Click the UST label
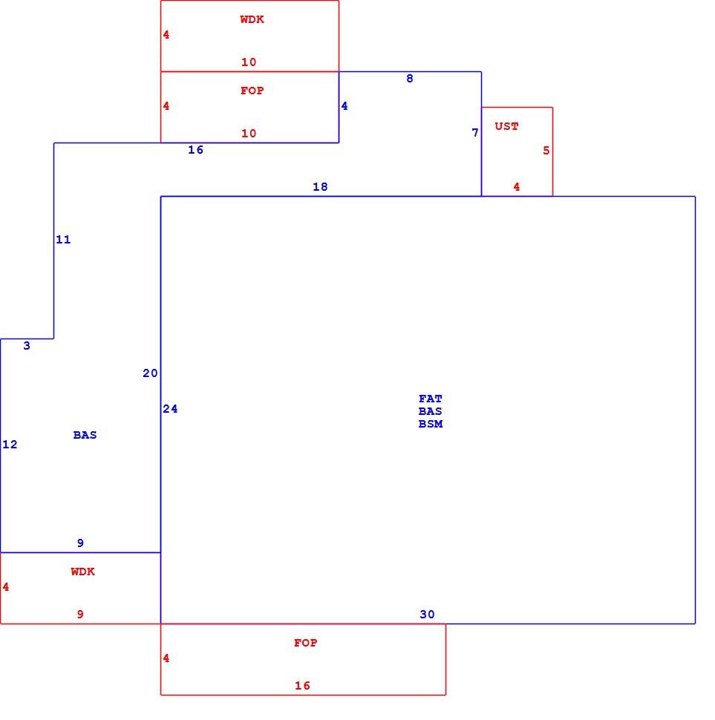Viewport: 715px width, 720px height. (506, 126)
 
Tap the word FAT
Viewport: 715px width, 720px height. (431, 399)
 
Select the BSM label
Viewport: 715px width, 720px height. (431, 424)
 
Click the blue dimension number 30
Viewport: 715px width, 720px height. (427, 615)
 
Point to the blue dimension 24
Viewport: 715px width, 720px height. (170, 409)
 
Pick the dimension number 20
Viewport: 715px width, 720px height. (150, 373)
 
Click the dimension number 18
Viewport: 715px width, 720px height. (320, 187)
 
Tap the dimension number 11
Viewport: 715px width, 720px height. (63, 240)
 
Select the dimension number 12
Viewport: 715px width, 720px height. (10, 445)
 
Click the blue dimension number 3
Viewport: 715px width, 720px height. (27, 346)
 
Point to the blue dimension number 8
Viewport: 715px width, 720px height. (410, 79)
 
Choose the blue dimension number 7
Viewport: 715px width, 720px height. (475, 133)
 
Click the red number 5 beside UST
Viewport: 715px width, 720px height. (546, 151)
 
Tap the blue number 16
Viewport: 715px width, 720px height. (195, 150)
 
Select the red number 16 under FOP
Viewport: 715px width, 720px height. (302, 686)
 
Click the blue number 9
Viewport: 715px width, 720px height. (80, 543)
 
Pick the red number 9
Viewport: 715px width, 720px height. (80, 615)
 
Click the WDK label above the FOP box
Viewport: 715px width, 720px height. (252, 19)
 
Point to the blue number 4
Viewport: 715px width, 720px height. (345, 106)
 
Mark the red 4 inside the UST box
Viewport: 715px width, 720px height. (517, 187)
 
